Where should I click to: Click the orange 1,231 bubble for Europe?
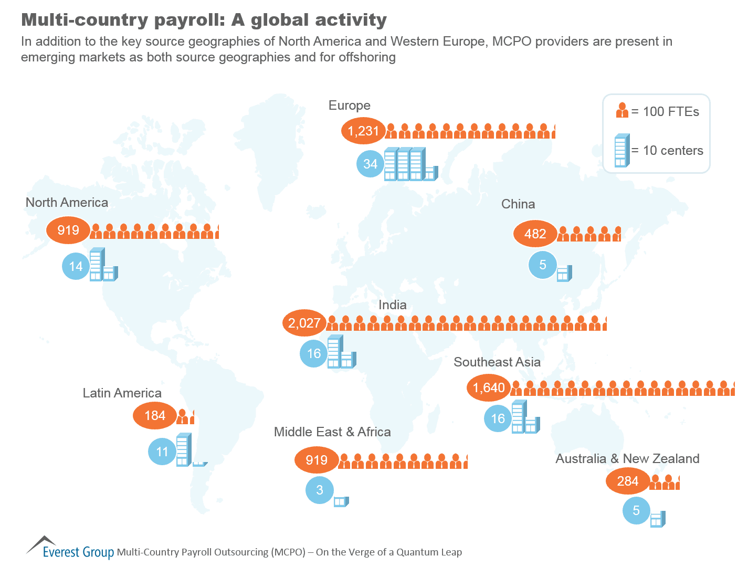tap(363, 131)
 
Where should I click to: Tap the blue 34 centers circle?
tap(370, 164)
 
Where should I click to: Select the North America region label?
tap(67, 203)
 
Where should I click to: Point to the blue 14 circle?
tap(76, 266)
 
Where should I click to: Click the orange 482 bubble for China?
tap(535, 234)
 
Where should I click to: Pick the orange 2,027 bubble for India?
tap(304, 323)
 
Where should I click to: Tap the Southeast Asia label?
tap(497, 362)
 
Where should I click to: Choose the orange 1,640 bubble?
tap(489, 388)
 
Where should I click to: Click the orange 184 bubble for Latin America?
tap(155, 416)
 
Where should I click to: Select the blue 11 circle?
tap(162, 452)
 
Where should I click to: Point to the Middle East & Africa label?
tap(332, 432)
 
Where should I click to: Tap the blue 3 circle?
tap(320, 490)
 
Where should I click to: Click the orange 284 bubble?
tap(627, 481)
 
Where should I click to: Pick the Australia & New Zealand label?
tap(627, 459)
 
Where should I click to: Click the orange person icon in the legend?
tap(622, 110)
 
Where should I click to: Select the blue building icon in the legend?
tap(621, 150)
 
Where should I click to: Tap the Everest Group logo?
tap(70, 549)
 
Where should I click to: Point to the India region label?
tap(393, 305)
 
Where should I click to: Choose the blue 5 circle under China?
tap(543, 265)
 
